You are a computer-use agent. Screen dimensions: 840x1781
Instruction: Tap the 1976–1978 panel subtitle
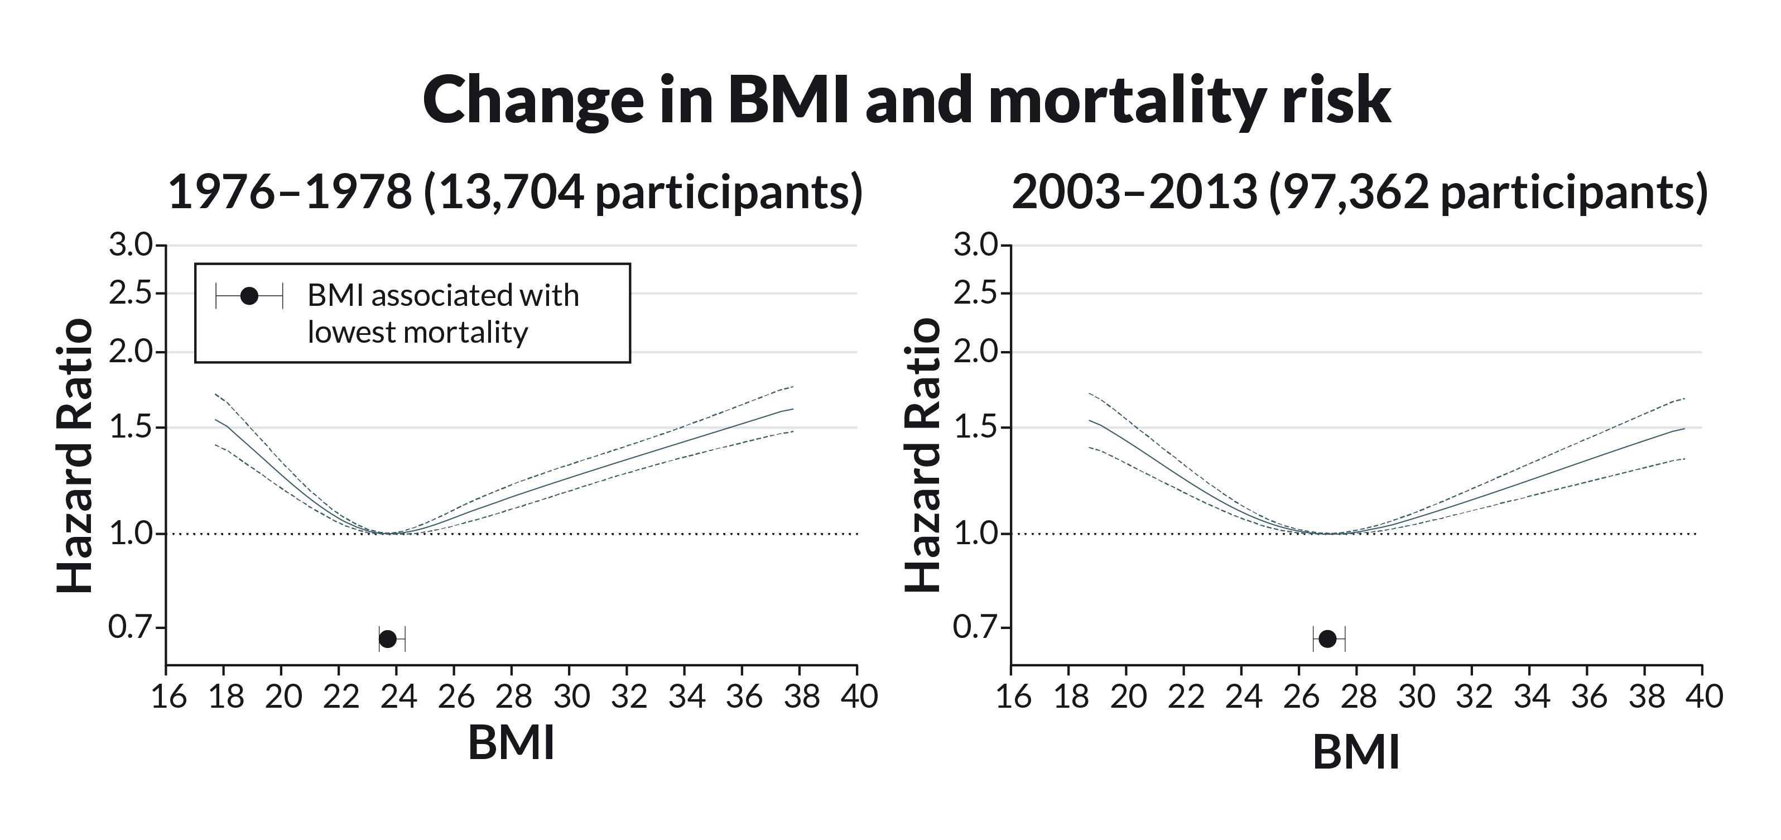pos(515,192)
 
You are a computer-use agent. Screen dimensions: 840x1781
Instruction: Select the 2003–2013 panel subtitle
pos(1359,192)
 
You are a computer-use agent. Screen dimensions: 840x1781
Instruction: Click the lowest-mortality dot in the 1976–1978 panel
pos(388,639)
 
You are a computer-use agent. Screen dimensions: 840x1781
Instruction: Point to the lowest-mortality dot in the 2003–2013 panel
pos(1327,639)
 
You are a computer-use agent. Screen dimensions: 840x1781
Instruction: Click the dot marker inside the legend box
pos(249,296)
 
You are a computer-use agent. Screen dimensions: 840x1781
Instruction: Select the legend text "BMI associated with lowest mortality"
pos(442,314)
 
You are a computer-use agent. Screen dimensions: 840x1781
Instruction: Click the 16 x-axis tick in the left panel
pos(168,696)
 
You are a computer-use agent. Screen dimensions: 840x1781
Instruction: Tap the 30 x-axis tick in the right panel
pos(1415,696)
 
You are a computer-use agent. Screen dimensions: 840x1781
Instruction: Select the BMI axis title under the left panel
pos(511,744)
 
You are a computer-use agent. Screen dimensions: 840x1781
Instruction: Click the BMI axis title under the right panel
pos(1356,752)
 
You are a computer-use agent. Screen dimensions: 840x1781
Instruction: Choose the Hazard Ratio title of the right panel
pos(923,455)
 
